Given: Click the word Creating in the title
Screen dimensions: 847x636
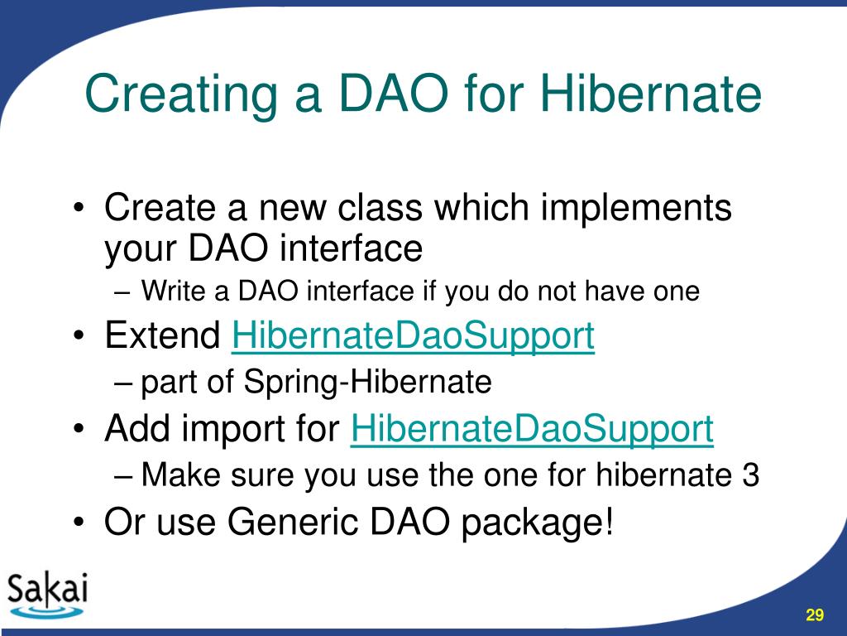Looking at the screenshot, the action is (x=181, y=94).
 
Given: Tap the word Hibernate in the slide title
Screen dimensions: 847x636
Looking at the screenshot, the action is (x=651, y=93).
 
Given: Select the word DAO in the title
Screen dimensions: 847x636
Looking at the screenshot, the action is (x=394, y=93).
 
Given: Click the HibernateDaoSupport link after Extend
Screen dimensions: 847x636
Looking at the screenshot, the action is (x=414, y=336).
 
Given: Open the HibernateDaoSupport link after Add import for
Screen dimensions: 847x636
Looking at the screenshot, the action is (x=532, y=430).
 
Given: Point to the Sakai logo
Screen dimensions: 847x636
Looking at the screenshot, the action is (x=47, y=595).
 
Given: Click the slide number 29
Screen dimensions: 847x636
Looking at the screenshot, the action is (x=815, y=615).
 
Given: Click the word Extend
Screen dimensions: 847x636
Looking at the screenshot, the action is (x=163, y=335).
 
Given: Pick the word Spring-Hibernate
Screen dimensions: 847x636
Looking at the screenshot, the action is (x=367, y=383).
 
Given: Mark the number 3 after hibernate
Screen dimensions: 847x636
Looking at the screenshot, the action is (x=750, y=475).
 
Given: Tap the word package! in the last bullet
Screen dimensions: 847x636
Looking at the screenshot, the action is (x=538, y=523).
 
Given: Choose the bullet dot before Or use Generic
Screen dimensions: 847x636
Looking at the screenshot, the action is (x=79, y=523).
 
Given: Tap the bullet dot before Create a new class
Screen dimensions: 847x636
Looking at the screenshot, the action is (x=79, y=208).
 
